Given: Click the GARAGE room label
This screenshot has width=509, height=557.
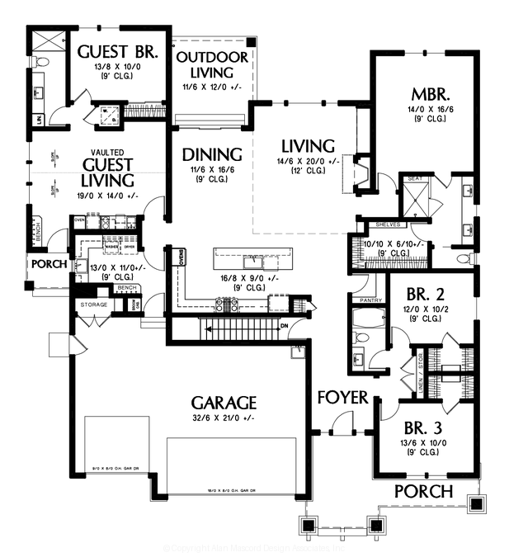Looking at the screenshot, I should pyautogui.click(x=224, y=403).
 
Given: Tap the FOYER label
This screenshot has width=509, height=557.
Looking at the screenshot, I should pyautogui.click(x=342, y=398).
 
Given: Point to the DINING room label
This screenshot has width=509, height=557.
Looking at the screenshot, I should pyautogui.click(x=212, y=154).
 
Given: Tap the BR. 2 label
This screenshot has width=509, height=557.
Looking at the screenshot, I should pyautogui.click(x=429, y=293).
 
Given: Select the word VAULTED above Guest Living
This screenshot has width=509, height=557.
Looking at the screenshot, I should pyautogui.click(x=107, y=152).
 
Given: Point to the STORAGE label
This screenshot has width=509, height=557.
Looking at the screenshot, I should pyautogui.click(x=94, y=305).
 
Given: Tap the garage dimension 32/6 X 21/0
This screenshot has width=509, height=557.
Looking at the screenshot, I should pyautogui.click(x=224, y=419).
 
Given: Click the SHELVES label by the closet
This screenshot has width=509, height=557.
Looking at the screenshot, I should pyautogui.click(x=387, y=224).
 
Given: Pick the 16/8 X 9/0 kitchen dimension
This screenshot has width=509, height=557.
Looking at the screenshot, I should pyautogui.click(x=243, y=278).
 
